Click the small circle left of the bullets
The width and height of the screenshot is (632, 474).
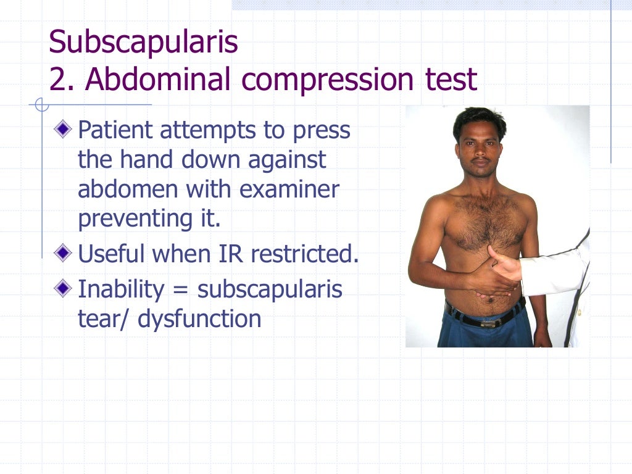point(41,106)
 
